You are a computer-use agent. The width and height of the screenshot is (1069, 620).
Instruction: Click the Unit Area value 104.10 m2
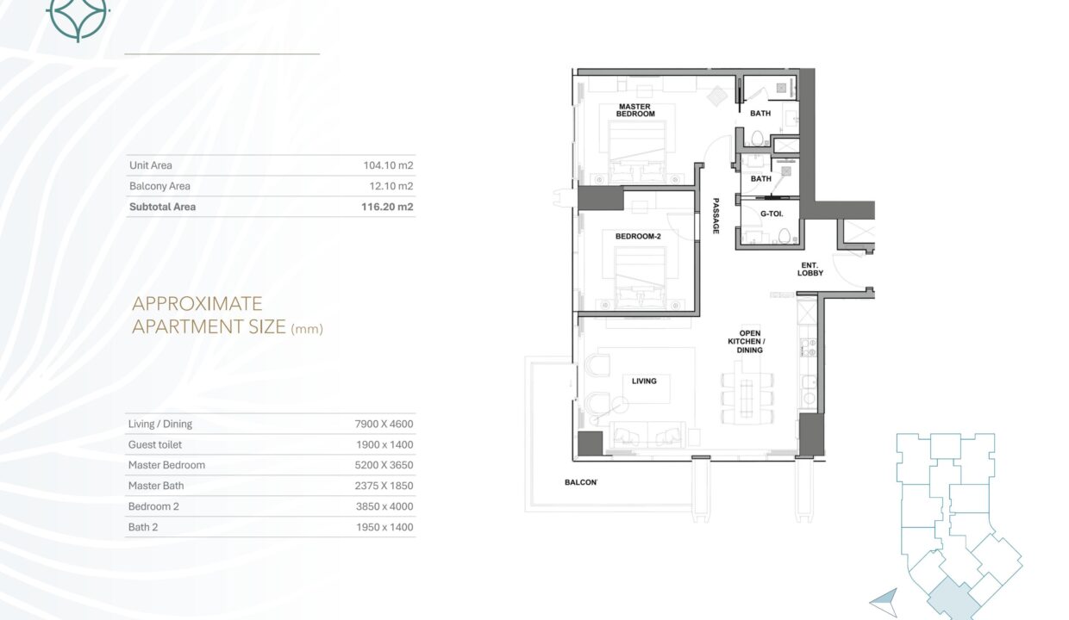click(x=388, y=165)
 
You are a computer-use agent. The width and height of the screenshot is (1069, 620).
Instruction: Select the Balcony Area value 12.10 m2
click(x=391, y=186)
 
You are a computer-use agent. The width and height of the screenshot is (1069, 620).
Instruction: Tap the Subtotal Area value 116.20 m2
click(x=387, y=207)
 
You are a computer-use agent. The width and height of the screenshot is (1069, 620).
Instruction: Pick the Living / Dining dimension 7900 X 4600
click(x=384, y=424)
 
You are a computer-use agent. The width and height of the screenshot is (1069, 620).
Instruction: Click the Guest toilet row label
click(x=154, y=444)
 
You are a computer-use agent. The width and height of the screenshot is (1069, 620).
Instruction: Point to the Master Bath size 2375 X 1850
click(x=384, y=486)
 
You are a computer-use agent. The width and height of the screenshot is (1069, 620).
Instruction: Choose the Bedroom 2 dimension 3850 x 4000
click(x=384, y=506)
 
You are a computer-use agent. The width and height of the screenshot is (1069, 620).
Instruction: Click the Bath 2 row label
click(x=143, y=527)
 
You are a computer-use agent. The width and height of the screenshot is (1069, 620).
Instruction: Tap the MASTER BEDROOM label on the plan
click(x=635, y=110)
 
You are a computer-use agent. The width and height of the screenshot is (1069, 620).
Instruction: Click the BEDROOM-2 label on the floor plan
click(x=638, y=236)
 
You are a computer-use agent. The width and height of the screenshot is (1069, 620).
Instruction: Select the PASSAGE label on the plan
click(x=716, y=216)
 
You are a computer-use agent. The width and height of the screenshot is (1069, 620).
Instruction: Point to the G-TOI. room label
click(x=772, y=214)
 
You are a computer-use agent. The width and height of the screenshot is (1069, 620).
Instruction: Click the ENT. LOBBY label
click(x=810, y=270)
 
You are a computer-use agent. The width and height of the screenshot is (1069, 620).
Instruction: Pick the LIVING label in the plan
click(x=644, y=381)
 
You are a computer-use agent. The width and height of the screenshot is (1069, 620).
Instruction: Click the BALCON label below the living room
click(x=581, y=482)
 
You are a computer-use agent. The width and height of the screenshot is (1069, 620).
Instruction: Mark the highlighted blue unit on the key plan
click(x=953, y=598)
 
